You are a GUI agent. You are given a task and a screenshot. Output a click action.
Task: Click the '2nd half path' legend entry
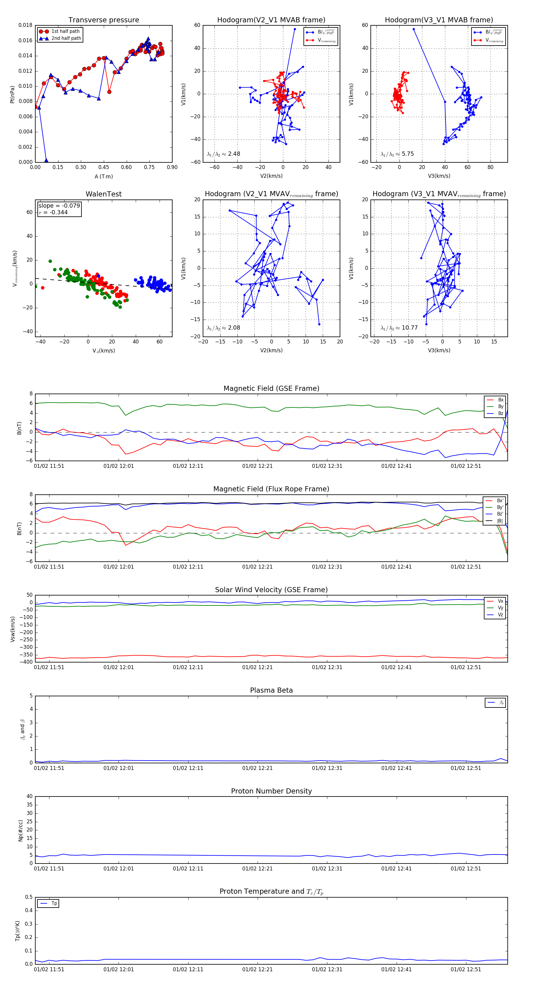66,38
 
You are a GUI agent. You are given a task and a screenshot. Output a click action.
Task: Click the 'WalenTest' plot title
103,194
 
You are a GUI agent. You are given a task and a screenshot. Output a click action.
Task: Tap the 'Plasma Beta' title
271,690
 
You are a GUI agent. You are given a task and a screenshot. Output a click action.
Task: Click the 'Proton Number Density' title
271,791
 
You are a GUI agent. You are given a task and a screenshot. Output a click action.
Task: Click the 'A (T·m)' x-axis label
103,176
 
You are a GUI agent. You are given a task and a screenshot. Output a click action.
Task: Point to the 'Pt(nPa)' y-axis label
12,94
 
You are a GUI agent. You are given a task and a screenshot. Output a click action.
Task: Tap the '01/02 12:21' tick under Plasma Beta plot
257,768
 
